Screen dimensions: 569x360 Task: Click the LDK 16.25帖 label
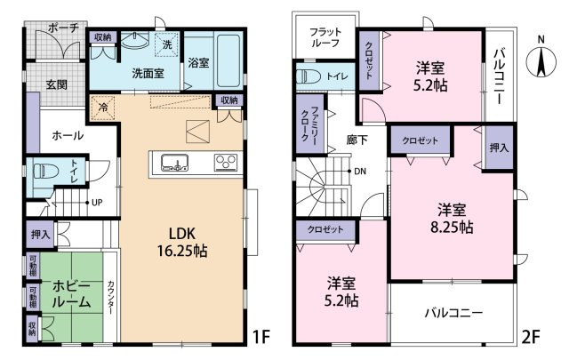pyautogui.click(x=182, y=242)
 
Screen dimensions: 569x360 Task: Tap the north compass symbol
pyautogui.click(x=541, y=60)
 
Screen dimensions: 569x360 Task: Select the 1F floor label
pyautogui.click(x=261, y=338)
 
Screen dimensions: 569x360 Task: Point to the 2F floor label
pyautogui.click(x=531, y=338)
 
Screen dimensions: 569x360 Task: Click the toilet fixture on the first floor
pyautogui.click(x=44, y=171)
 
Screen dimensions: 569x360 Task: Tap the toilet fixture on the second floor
pyautogui.click(x=309, y=77)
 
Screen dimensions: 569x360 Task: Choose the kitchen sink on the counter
pyautogui.click(x=175, y=162)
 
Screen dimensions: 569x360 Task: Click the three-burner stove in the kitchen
pyautogui.click(x=226, y=162)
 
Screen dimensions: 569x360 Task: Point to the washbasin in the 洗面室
pyautogui.click(x=134, y=40)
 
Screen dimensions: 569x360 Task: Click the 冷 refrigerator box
pyautogui.click(x=103, y=108)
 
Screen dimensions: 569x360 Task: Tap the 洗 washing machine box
pyautogui.click(x=167, y=44)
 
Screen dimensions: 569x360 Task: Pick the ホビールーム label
pyautogui.click(x=71, y=294)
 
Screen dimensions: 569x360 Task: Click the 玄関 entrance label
pyautogui.click(x=56, y=84)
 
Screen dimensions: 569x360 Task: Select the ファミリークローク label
pyautogui.click(x=309, y=124)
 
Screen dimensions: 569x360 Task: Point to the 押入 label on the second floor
pyautogui.click(x=499, y=148)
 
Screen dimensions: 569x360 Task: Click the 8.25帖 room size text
pyautogui.click(x=452, y=228)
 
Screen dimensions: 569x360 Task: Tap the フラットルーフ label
pyautogui.click(x=325, y=37)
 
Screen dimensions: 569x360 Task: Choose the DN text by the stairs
pyautogui.click(x=360, y=171)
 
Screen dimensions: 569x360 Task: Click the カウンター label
pyautogui.click(x=111, y=298)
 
